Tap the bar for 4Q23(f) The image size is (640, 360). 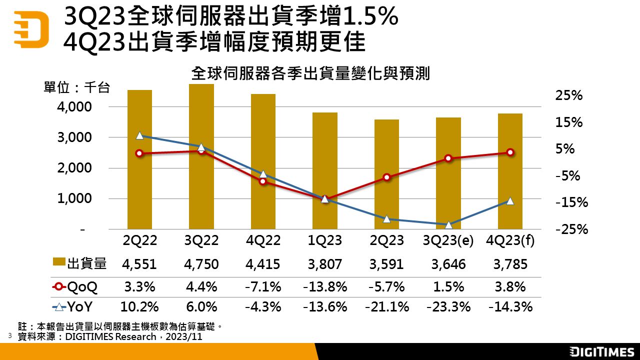(x=510, y=210)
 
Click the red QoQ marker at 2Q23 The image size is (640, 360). (x=386, y=177)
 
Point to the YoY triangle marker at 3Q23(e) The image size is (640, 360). (x=448, y=225)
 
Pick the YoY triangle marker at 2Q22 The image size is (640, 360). (x=140, y=135)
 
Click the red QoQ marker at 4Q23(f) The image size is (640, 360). (x=510, y=152)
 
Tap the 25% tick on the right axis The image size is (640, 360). (x=569, y=95)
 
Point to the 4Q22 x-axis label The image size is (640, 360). (x=263, y=240)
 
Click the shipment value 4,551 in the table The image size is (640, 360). (x=139, y=264)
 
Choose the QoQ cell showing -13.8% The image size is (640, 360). (x=325, y=287)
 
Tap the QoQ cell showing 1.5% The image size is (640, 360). (x=448, y=287)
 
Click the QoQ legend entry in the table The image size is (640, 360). (x=74, y=287)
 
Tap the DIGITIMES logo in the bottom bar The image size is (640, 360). (x=601, y=351)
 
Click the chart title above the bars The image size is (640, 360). (x=310, y=74)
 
